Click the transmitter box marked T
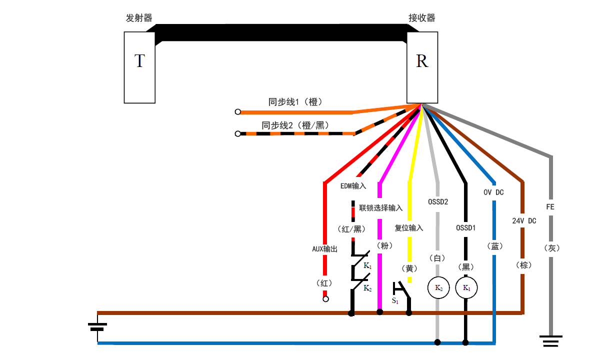pyautogui.click(x=139, y=67)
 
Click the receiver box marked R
pyautogui.click(x=422, y=67)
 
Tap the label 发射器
pyautogui.click(x=139, y=18)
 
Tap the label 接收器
pyautogui.click(x=421, y=18)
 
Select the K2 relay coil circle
pyautogui.click(x=438, y=288)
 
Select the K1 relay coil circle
pyautogui.click(x=466, y=288)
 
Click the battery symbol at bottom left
pyautogui.click(x=97, y=327)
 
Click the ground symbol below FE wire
pyautogui.click(x=551, y=342)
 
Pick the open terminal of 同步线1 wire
pyautogui.click(x=238, y=112)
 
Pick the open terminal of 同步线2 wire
pyautogui.click(x=238, y=133)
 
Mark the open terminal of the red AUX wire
pyautogui.click(x=325, y=299)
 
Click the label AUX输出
pyautogui.click(x=324, y=248)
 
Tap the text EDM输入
pyautogui.click(x=353, y=186)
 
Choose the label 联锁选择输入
pyautogui.click(x=380, y=207)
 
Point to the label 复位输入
pyautogui.click(x=408, y=228)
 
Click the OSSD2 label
pyautogui.click(x=438, y=202)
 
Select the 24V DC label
pyautogui.click(x=523, y=220)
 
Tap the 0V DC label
pyautogui.click(x=493, y=192)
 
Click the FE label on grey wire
pyautogui.click(x=550, y=206)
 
